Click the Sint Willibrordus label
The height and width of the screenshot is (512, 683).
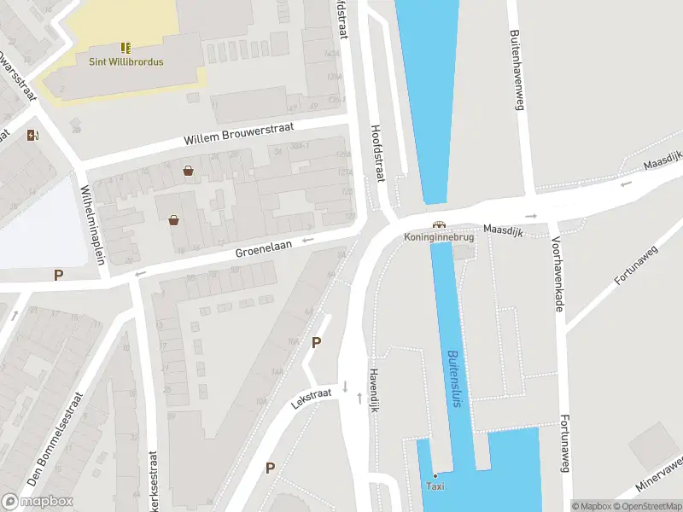126,61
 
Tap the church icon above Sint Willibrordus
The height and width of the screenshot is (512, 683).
126,47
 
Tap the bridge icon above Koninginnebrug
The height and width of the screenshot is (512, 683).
439,224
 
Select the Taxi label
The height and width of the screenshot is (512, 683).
435,486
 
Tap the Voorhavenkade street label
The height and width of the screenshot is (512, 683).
557,274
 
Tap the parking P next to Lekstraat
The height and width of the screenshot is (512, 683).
317,343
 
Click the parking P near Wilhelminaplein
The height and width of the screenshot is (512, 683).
59,275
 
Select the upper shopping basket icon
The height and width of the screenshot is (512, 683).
187,171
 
